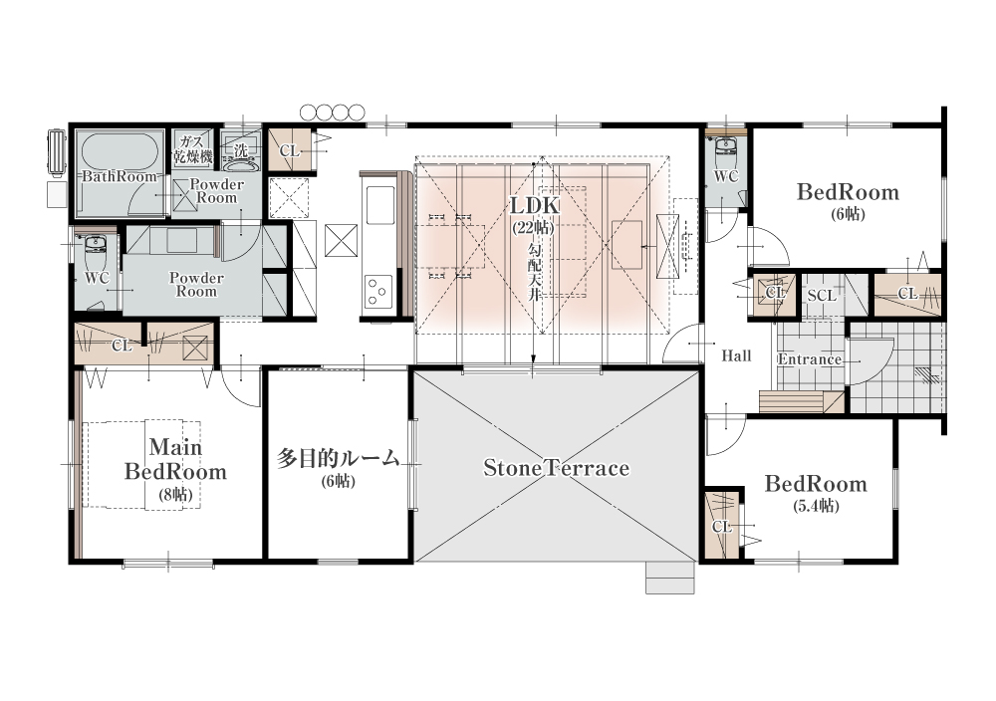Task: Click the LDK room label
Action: click(x=535, y=206)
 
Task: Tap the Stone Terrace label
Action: click(x=557, y=468)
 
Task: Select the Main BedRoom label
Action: click(x=175, y=459)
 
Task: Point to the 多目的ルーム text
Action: click(x=338, y=458)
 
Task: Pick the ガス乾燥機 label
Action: click(x=193, y=149)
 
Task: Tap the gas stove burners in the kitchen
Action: click(x=377, y=291)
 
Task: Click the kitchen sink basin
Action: click(x=378, y=205)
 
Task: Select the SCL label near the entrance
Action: click(x=822, y=296)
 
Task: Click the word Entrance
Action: click(x=810, y=359)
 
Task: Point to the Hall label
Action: click(x=736, y=356)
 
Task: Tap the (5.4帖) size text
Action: click(x=816, y=506)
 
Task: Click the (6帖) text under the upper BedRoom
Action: click(x=848, y=214)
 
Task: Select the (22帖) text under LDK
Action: click(x=534, y=227)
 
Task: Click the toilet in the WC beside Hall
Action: click(x=725, y=150)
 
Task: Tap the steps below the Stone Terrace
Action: click(x=670, y=578)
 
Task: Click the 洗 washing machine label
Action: click(x=241, y=151)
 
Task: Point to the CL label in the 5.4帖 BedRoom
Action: click(x=721, y=527)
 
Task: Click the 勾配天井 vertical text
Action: click(x=534, y=272)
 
